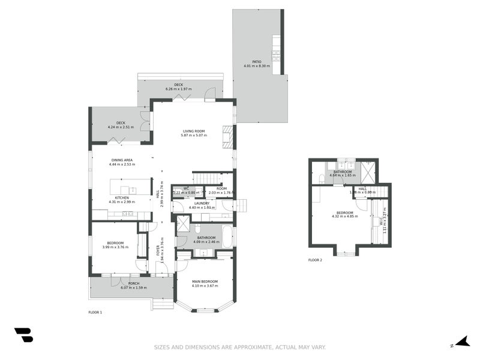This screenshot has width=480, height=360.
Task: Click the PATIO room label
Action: (x=257, y=61)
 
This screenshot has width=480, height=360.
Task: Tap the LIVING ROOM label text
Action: (x=194, y=131)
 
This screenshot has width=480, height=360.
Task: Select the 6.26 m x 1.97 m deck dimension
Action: (x=178, y=89)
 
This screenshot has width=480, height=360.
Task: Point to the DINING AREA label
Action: (x=122, y=160)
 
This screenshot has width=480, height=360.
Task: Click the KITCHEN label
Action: (x=122, y=197)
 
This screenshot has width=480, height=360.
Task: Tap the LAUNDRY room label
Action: (x=202, y=203)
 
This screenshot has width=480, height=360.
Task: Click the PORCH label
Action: (x=133, y=283)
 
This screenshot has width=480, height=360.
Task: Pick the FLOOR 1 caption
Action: (x=95, y=313)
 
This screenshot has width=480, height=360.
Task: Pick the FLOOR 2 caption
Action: (x=315, y=260)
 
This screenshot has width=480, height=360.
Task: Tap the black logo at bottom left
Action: (x=23, y=335)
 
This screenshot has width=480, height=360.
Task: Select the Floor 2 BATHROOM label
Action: (x=343, y=172)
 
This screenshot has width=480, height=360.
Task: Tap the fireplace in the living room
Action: (x=226, y=136)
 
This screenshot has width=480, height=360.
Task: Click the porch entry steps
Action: (x=162, y=304)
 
